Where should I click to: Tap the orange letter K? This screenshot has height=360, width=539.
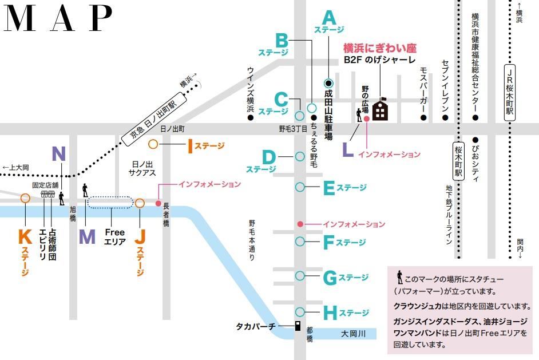[x=25, y=236]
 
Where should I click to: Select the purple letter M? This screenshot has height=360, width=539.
[x=87, y=236]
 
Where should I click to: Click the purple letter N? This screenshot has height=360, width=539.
[x=59, y=153]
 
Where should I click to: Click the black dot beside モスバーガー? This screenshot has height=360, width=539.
[x=423, y=118]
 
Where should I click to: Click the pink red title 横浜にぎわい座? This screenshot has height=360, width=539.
[x=379, y=48]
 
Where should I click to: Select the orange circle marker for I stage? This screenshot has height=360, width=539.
[x=153, y=145]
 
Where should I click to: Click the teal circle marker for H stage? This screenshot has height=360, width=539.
[x=300, y=312]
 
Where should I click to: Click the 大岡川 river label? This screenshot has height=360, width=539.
[x=352, y=333]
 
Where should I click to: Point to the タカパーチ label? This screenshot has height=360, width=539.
[x=256, y=326]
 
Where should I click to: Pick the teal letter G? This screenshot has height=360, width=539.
[x=330, y=278]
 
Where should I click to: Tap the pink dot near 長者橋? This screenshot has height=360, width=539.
[x=158, y=203]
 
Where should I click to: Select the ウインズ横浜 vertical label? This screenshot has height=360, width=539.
[x=250, y=89]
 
